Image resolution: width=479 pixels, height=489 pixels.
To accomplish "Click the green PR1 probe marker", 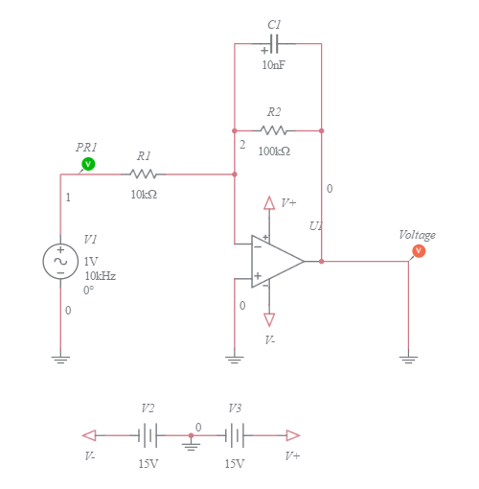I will coord(88,164).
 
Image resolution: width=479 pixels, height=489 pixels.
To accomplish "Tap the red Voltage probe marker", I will coord(418,251).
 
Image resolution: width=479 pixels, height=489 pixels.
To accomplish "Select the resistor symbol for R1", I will coord(144,175).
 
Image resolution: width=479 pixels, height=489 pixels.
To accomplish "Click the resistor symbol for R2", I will coord(274,130).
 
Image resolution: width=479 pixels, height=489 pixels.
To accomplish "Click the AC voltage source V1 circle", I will coord(60,261).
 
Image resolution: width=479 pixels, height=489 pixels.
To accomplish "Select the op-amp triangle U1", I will coord(276,261).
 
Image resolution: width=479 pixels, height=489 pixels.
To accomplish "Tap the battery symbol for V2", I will coord(147,435).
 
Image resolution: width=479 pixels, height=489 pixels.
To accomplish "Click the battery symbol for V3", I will coord(236,435).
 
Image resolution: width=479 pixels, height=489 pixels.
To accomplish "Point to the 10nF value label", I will coord(273,65).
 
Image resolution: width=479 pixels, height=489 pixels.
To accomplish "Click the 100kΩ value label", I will coord(274,151).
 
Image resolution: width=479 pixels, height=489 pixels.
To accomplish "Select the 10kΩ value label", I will coord(144,195).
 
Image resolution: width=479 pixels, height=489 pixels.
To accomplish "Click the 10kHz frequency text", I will coord(101,275).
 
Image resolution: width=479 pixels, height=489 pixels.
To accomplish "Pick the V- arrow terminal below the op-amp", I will coord(269,319).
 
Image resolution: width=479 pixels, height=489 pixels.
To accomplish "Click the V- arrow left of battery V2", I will coord(89,435).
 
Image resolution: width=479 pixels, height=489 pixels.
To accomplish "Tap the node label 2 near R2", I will coord(242,145).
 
